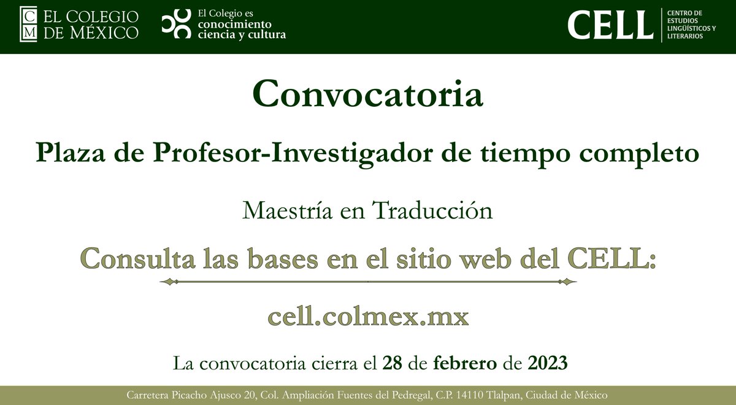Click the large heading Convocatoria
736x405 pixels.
367,94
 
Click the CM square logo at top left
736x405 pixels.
29,24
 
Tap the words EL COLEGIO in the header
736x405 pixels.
91,17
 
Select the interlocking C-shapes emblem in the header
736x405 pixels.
175,25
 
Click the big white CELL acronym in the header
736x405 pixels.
610,25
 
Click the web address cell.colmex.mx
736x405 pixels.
368,317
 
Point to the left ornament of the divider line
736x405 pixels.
169,282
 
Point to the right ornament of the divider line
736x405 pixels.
567,282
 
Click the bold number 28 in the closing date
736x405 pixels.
392,363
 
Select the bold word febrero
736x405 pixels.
465,363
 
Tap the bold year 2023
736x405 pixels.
547,363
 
